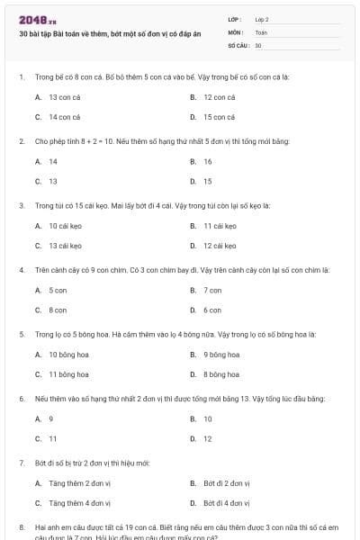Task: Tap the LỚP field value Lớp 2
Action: [x=262, y=19]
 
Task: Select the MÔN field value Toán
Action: [x=261, y=31]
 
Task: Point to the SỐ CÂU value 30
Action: [x=258, y=44]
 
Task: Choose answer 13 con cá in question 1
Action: [x=65, y=96]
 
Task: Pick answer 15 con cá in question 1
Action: [x=220, y=117]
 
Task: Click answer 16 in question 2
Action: [x=208, y=161]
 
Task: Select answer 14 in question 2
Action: [x=53, y=161]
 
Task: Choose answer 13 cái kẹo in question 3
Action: [x=65, y=245]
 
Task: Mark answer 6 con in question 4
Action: [x=212, y=310]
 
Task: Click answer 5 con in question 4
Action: [x=58, y=290]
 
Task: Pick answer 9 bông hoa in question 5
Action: [x=221, y=354]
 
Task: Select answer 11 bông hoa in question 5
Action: [x=68, y=374]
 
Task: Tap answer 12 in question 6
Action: [x=208, y=438]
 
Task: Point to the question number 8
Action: [x=22, y=526]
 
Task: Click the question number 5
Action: [x=22, y=334]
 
